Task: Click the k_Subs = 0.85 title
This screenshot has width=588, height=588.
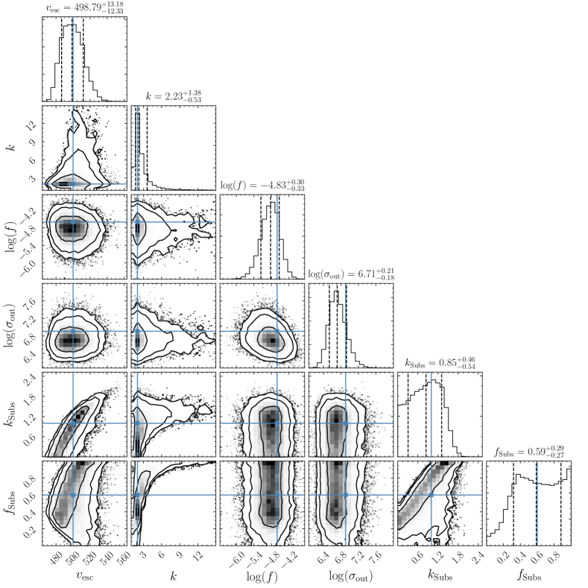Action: [440, 363]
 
